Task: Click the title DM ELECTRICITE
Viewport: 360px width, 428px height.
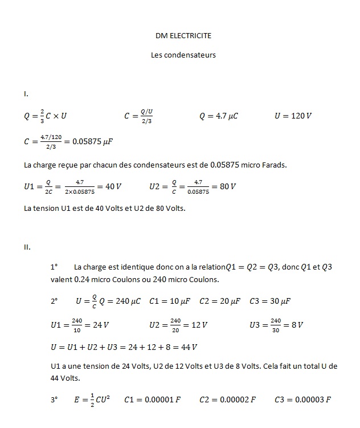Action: [x=183, y=35]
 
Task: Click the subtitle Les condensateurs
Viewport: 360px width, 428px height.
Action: [x=183, y=55]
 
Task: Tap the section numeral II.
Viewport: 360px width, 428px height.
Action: [x=27, y=247]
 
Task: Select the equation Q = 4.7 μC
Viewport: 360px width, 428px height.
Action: [x=218, y=116]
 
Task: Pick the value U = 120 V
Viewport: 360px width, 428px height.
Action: [x=293, y=116]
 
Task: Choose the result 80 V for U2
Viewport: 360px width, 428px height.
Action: [x=227, y=186]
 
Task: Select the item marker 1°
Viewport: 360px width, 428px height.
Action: [x=54, y=267]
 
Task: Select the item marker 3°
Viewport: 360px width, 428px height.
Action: [x=54, y=400]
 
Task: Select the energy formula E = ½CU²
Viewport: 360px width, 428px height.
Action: [x=92, y=400]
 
